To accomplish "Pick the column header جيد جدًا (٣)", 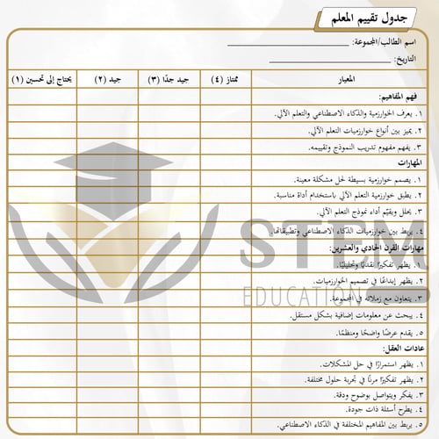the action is (x=170, y=80).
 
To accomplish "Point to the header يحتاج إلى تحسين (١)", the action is (x=46, y=80).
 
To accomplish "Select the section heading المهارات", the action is (x=408, y=163).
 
